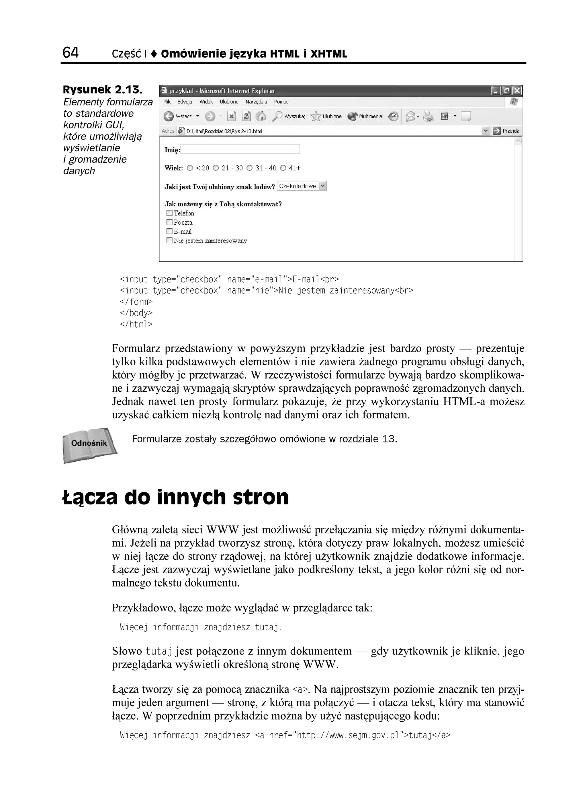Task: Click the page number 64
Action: coord(71,53)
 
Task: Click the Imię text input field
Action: coord(240,149)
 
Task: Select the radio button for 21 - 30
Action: coord(216,168)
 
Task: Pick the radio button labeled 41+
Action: coord(283,168)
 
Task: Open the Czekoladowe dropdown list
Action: coord(322,186)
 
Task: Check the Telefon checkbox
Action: coord(169,213)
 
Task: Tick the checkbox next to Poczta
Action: coord(169,222)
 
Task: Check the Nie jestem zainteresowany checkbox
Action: coord(169,240)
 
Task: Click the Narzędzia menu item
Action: coord(256,102)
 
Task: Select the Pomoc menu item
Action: coord(281,102)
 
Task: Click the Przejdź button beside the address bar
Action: coord(506,131)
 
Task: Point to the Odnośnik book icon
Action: coord(89,445)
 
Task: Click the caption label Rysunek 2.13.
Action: coord(103,90)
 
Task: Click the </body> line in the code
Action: coord(136,313)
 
